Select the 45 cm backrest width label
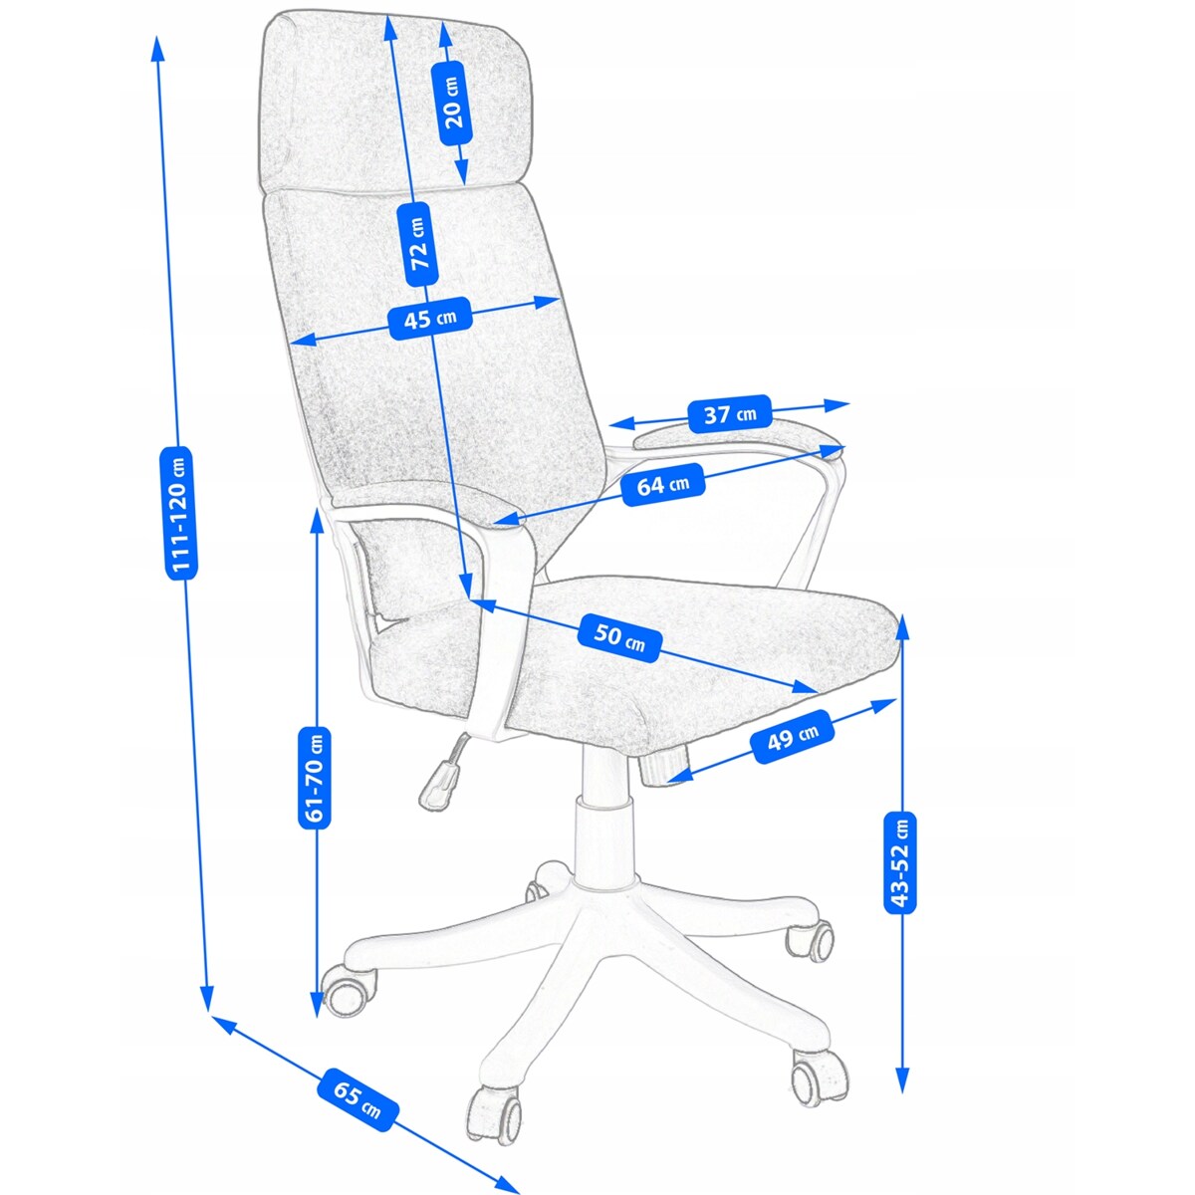click(x=429, y=320)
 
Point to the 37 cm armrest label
click(x=730, y=413)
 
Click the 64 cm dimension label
click(x=662, y=485)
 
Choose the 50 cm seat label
click(x=619, y=637)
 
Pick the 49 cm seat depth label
click(x=793, y=738)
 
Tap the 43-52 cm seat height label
click(x=901, y=862)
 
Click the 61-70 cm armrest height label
click(x=316, y=777)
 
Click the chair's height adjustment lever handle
click(x=439, y=782)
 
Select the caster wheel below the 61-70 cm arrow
click(x=350, y=990)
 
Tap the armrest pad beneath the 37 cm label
click(x=737, y=438)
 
